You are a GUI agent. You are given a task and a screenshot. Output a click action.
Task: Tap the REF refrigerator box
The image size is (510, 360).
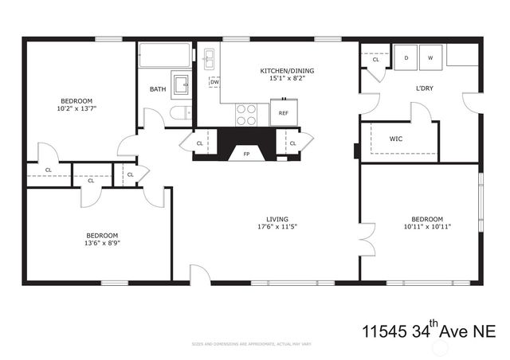click(283, 113)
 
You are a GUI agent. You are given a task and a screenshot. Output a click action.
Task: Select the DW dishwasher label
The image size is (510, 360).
click(214, 82)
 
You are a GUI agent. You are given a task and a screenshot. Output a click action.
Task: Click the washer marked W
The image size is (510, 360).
click(430, 58)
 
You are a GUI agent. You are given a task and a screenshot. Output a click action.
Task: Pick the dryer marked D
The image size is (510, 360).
click(406, 58)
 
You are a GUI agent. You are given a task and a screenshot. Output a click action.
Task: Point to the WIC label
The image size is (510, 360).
click(395, 139)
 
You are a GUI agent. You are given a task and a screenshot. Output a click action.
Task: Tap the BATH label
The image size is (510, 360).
click(158, 88)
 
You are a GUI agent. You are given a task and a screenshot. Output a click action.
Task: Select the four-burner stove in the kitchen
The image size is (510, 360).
click(246, 115)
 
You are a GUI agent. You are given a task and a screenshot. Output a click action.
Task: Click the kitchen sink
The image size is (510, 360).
click(209, 58)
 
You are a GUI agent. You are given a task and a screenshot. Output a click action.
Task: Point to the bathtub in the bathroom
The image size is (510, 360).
click(165, 56)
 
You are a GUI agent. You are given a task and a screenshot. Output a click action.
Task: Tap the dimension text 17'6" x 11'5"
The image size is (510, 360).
click(277, 227)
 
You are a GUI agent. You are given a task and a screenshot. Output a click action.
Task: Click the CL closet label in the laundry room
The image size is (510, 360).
click(375, 60)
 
